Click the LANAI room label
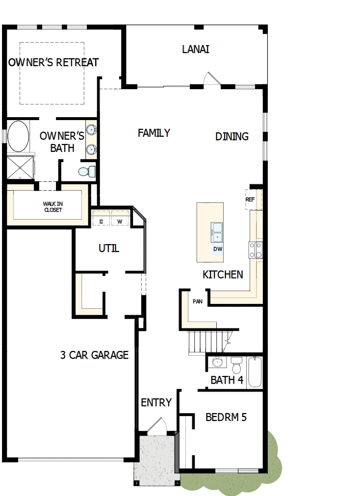point(196,50)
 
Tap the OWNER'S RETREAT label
point(53,63)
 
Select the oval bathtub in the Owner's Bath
point(18,136)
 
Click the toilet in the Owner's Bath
point(87,172)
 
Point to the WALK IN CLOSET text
point(52,207)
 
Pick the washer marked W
point(120,222)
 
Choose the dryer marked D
point(102,222)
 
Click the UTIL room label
point(109,248)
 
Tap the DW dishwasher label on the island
point(218,249)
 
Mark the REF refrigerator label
point(250,200)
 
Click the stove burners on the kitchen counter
point(256,250)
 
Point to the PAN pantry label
point(198,301)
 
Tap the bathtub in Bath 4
point(255,372)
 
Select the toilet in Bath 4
point(236,365)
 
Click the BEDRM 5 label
point(226,418)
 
